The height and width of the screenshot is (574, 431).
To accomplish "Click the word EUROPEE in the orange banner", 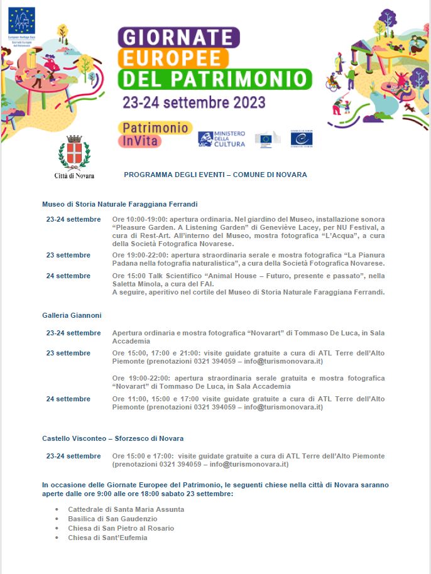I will (x=173, y=58).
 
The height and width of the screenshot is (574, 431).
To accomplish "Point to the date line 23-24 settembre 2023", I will (x=194, y=101).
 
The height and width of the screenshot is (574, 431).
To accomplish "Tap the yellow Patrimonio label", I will (x=155, y=127).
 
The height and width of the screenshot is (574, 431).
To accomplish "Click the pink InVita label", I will (x=139, y=141).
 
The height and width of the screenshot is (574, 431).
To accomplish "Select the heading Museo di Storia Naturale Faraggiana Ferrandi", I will (x=120, y=204).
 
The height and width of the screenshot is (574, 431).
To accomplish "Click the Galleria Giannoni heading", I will (x=72, y=315).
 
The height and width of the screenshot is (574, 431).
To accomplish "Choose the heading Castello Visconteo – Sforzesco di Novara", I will (x=113, y=438).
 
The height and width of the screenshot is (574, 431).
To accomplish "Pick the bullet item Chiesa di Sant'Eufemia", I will (x=107, y=538).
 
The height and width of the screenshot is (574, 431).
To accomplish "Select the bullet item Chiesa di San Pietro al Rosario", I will (x=121, y=528).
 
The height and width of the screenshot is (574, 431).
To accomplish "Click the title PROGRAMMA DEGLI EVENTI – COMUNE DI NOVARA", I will (x=215, y=175).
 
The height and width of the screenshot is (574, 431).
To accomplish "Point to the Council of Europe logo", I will (x=302, y=139).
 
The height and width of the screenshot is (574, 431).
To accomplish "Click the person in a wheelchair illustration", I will (x=332, y=82).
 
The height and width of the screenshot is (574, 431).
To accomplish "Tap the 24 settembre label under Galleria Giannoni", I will (x=68, y=399).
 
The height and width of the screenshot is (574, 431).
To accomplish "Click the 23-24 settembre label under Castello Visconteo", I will (x=74, y=456).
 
